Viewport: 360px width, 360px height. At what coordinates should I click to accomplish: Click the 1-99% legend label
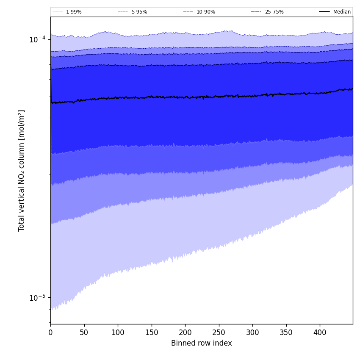[x=74, y=12]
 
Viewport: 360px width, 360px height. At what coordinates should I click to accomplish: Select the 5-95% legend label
[x=139, y=12]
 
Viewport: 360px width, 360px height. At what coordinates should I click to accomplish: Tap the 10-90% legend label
[x=205, y=12]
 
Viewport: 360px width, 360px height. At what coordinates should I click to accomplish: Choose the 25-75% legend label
[x=274, y=12]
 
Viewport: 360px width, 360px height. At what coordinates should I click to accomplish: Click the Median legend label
[x=342, y=12]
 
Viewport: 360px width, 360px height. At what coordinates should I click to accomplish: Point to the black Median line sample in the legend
[x=324, y=12]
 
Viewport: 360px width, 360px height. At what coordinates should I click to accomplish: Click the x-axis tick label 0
[x=50, y=333]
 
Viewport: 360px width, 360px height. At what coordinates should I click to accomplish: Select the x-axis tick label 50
[x=84, y=333]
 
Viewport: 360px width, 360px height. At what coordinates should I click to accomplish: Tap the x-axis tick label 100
[x=118, y=333]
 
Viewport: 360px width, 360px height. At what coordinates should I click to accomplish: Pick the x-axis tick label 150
[x=152, y=333]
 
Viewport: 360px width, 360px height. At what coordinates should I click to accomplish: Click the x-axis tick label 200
[x=185, y=333]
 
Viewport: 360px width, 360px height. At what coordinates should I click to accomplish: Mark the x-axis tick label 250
[x=219, y=333]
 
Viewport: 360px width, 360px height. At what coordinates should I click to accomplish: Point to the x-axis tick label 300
[x=252, y=333]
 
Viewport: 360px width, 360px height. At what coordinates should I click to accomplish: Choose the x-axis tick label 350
[x=286, y=333]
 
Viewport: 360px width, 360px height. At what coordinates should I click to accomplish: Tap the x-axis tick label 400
[x=320, y=333]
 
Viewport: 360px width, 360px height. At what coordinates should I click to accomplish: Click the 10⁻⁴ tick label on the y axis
[x=37, y=39]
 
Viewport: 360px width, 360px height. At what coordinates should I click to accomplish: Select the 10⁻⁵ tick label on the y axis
[x=37, y=297]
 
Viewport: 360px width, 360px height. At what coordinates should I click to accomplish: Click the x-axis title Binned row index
[x=202, y=343]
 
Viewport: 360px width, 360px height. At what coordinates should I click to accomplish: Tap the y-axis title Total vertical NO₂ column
[x=22, y=170]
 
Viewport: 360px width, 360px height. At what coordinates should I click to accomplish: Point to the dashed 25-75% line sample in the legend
[x=256, y=12]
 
